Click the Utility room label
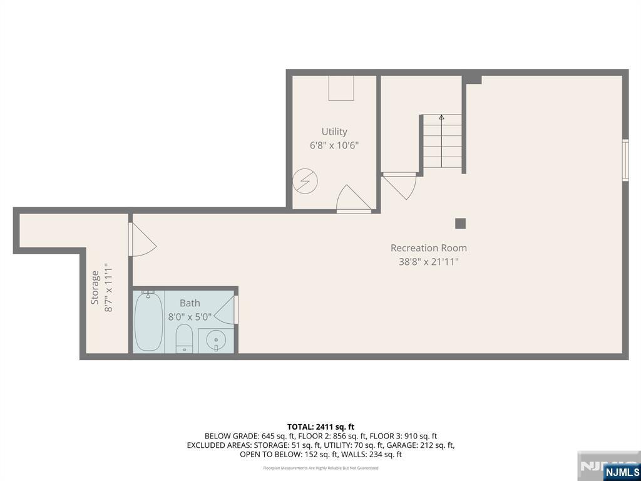pyautogui.click(x=334, y=132)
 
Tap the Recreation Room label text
pyautogui.click(x=428, y=248)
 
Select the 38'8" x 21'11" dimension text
pyautogui.click(x=428, y=262)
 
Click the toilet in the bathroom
pyautogui.click(x=184, y=338)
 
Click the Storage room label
pyautogui.click(x=95, y=287)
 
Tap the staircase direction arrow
pyautogui.click(x=441, y=117)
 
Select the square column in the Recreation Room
pyautogui.click(x=460, y=223)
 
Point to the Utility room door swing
pyautogui.click(x=352, y=199)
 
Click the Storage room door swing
pyautogui.click(x=141, y=240)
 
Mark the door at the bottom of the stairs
pyautogui.click(x=401, y=185)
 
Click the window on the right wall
pyautogui.click(x=625, y=160)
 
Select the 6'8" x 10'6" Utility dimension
pyautogui.click(x=334, y=145)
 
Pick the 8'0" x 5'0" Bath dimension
pyautogui.click(x=190, y=317)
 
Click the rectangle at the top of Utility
pyautogui.click(x=341, y=88)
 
